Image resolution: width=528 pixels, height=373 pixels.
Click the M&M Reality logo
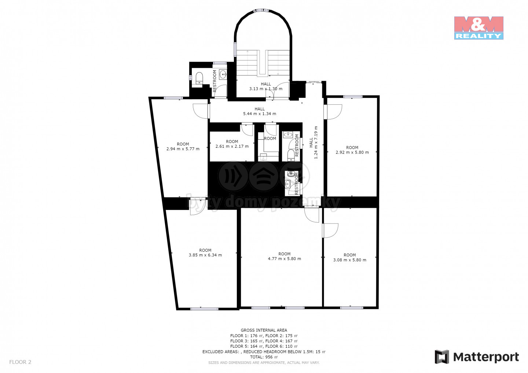(479, 28)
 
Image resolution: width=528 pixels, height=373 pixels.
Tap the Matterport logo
(477, 357)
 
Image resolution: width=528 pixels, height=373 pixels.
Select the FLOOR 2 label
(20, 362)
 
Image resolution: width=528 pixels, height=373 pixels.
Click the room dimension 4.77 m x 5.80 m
(285, 259)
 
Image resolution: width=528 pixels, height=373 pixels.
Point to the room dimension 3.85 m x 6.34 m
(205, 255)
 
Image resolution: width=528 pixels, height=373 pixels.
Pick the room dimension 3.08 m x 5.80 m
(350, 260)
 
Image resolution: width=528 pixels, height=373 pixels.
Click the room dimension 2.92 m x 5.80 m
(352, 152)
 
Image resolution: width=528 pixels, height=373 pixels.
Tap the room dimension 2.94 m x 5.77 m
(183, 149)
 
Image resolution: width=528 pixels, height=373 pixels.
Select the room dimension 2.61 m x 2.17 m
(232, 146)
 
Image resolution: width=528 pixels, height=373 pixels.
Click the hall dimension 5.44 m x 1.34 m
(260, 114)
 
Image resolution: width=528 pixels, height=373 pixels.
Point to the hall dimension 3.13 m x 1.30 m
(266, 89)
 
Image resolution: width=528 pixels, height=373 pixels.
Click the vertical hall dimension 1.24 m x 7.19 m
(316, 142)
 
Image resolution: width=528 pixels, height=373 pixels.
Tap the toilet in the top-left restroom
(199, 78)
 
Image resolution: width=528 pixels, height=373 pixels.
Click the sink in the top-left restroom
(223, 74)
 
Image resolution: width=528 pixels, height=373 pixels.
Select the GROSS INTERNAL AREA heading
(264, 330)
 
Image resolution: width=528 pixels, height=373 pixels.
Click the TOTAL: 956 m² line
(264, 357)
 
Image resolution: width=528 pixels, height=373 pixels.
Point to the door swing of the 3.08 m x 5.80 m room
(330, 230)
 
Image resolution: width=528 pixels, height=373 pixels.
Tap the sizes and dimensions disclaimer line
(264, 363)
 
